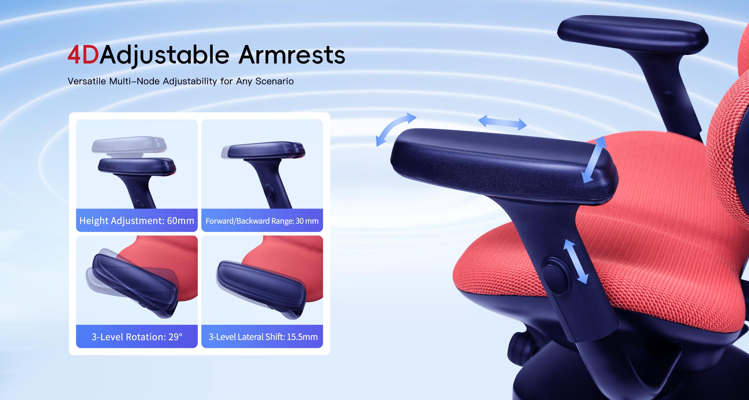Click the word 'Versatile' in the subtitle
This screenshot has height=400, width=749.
pos(87,81)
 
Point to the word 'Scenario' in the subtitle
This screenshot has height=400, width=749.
pos(274,81)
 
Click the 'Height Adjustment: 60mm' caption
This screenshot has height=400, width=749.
pos(137,221)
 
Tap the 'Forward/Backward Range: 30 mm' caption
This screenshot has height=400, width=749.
pos(262,221)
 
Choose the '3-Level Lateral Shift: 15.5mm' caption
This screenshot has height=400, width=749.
pos(263,337)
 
